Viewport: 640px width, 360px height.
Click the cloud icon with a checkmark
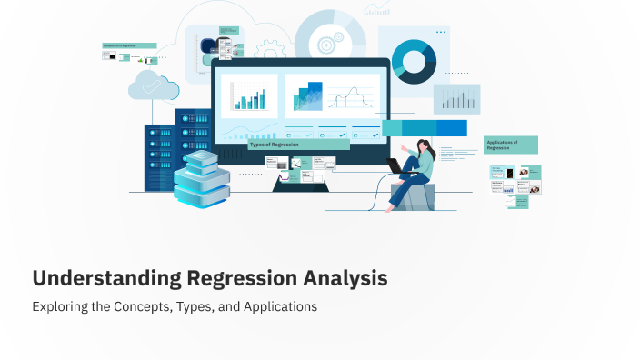click(148, 86)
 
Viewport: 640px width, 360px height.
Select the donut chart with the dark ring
click(415, 61)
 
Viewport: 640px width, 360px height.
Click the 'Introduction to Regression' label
click(129, 45)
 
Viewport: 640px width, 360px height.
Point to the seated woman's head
click(424, 145)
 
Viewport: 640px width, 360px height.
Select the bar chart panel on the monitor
click(248, 95)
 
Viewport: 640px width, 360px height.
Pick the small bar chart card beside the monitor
click(456, 98)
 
